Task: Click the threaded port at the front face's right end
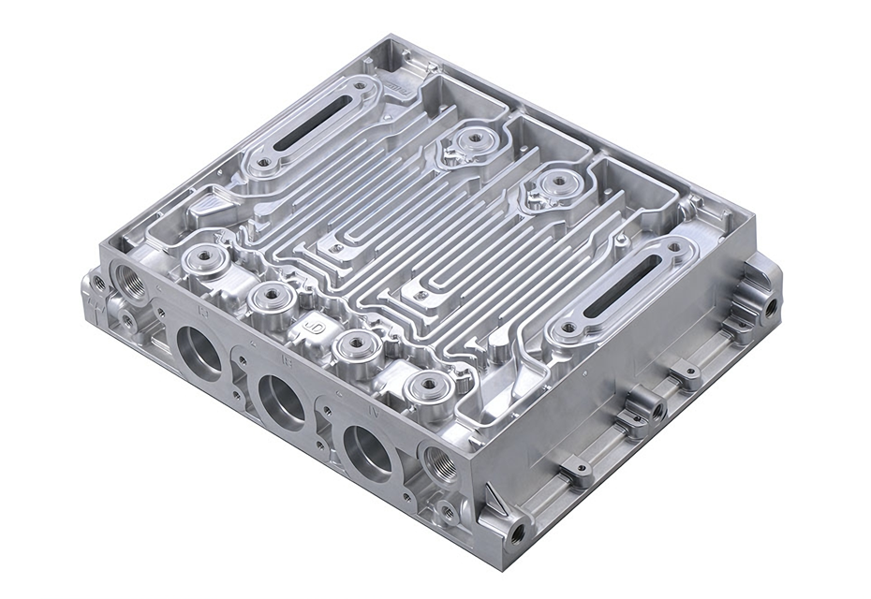[x=439, y=462]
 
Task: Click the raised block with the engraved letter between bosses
[x=312, y=328]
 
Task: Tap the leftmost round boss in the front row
[x=200, y=258]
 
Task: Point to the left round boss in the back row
[x=474, y=139]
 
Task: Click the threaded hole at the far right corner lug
[x=770, y=303]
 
